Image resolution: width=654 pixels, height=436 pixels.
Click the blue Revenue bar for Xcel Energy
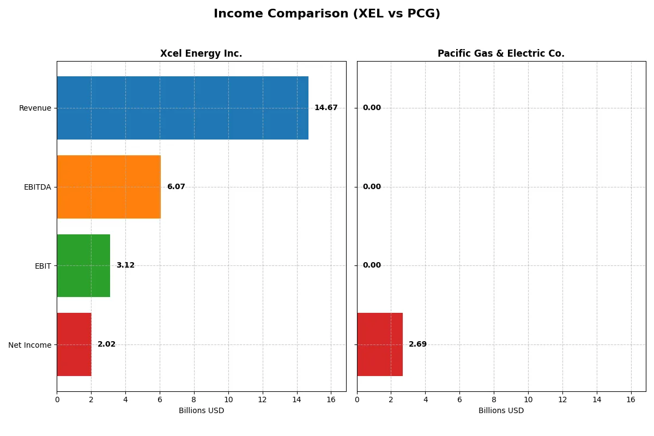point(183,108)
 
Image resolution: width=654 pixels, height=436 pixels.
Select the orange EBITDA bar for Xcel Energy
point(108,187)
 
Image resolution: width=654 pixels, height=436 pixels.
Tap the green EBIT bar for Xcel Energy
point(83,265)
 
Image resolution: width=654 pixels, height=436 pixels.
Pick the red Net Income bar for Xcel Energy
point(74,344)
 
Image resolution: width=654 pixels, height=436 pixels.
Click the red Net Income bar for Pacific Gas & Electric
point(380,344)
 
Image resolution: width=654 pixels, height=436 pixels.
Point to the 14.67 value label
point(326,108)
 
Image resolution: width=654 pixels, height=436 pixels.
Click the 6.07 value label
point(176,187)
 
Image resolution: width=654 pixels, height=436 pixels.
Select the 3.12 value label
point(125,265)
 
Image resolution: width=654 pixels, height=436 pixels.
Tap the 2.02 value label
point(106,344)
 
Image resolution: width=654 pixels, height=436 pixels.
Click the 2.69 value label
point(418,344)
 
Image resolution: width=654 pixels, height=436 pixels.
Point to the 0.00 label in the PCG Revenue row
point(372,108)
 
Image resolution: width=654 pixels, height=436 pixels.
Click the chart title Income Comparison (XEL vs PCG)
point(327,14)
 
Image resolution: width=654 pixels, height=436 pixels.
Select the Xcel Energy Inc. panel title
point(201,53)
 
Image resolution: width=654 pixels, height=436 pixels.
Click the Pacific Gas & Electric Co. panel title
point(501,53)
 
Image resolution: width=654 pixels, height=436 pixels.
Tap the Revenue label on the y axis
point(35,108)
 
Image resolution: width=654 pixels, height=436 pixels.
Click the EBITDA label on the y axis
point(37,187)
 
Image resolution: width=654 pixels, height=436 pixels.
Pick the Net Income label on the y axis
point(29,344)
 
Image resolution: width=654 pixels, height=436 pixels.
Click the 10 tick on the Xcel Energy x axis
point(228,399)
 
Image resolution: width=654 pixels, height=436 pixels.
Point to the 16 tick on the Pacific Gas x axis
point(631,399)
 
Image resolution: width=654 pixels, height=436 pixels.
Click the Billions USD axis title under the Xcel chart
point(201,411)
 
